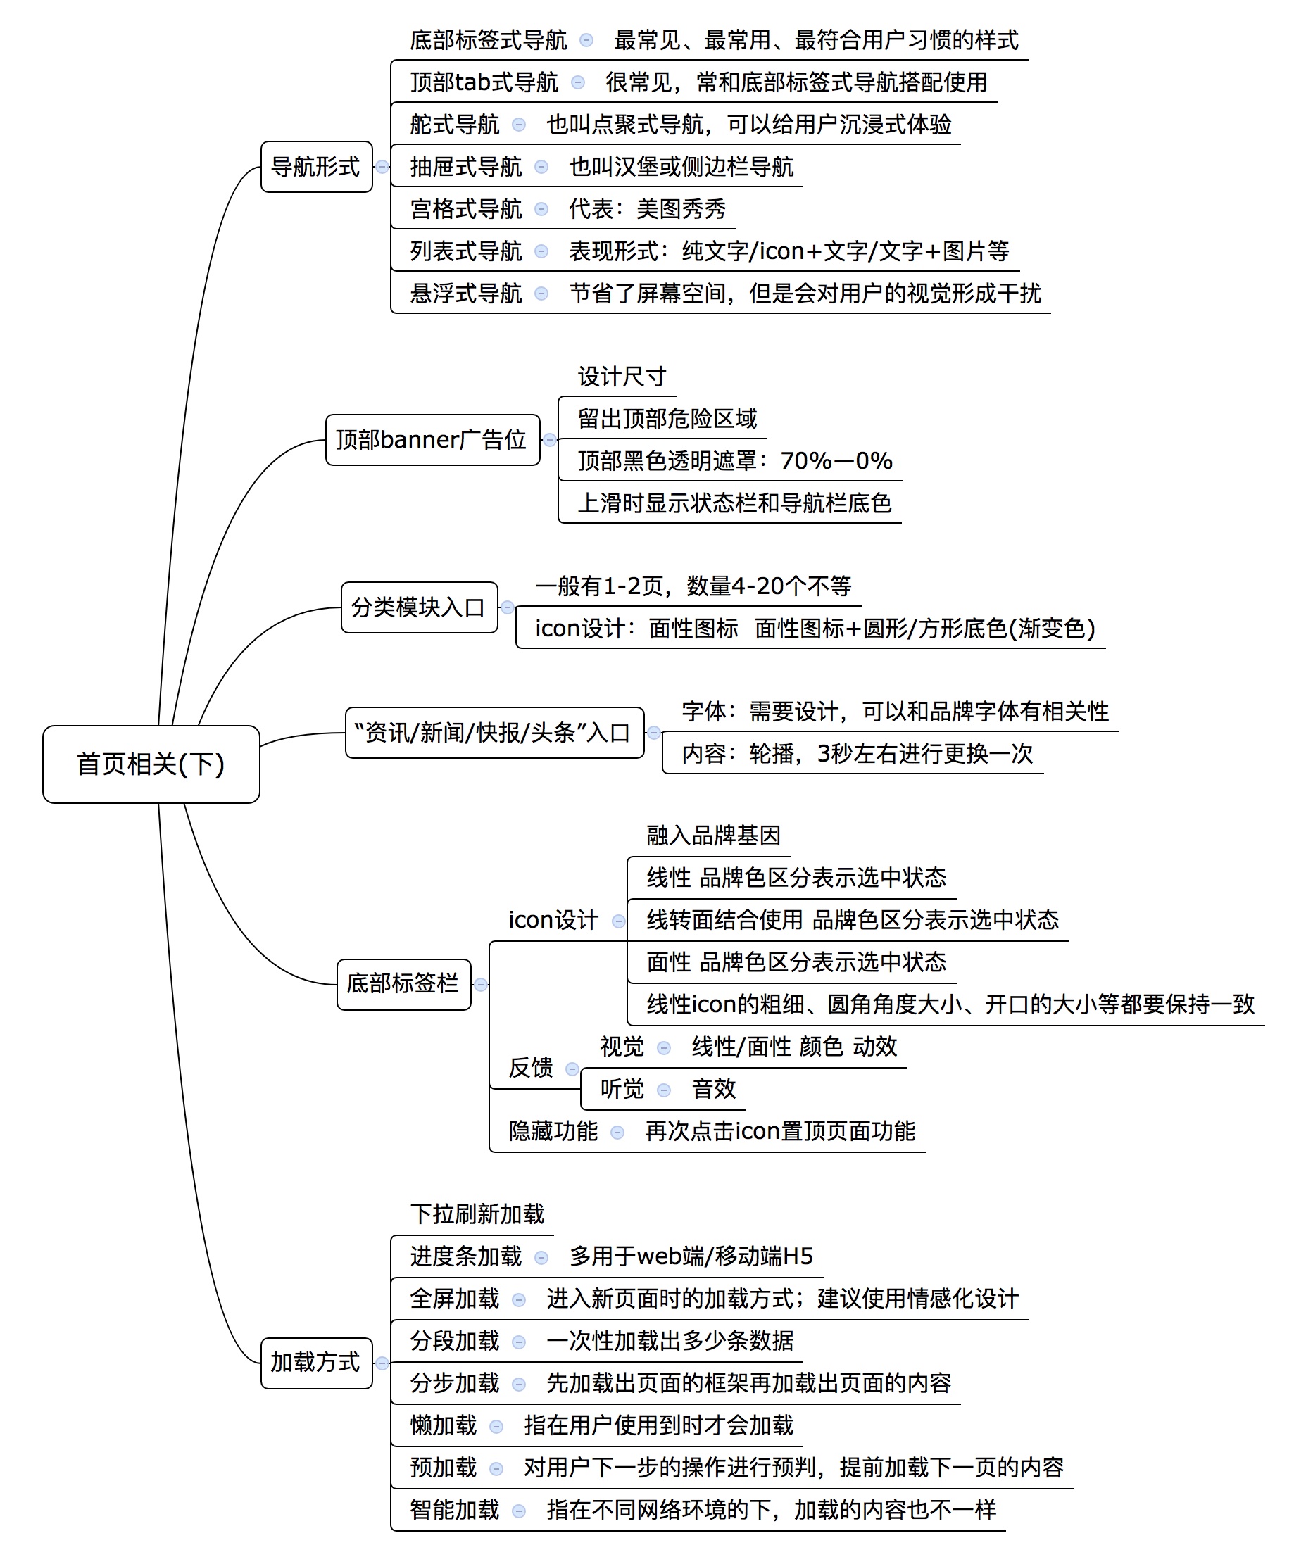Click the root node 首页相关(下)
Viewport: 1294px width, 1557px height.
click(151, 764)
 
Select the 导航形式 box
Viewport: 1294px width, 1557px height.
click(316, 167)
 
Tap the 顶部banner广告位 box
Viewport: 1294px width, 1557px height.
click(432, 440)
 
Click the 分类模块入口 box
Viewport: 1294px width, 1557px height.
click(418, 607)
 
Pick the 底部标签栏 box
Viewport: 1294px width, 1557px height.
click(403, 984)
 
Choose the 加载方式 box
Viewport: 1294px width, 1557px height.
click(316, 1362)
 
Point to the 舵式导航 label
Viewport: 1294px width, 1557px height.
click(455, 125)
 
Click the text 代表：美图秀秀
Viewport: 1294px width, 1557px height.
click(646, 209)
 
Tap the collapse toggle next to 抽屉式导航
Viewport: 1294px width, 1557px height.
click(541, 167)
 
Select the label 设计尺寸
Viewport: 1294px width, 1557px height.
click(622, 377)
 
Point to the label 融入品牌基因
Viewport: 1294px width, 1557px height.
click(713, 836)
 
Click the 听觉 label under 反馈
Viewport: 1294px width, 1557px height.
click(622, 1089)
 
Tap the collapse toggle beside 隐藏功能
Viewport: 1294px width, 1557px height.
click(617, 1132)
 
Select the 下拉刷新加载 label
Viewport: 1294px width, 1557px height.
click(477, 1214)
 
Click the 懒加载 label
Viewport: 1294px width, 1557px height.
click(444, 1425)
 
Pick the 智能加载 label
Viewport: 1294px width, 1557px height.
click(455, 1510)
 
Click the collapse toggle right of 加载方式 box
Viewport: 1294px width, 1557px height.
click(382, 1363)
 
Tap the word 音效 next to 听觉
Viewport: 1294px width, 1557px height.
click(713, 1089)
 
